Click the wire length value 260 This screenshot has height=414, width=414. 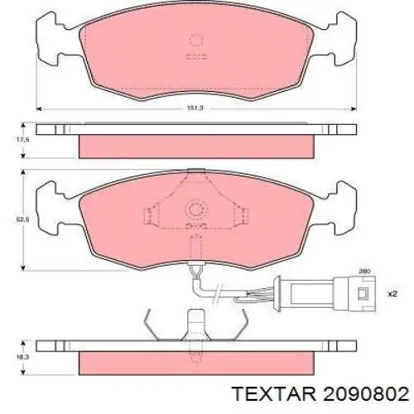(363, 272)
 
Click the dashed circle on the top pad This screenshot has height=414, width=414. (196, 39)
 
